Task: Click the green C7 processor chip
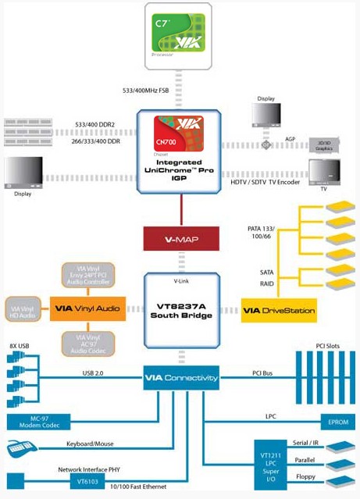click(179, 33)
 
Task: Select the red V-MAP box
click(180, 237)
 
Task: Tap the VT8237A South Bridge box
click(180, 309)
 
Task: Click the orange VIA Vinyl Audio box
click(87, 308)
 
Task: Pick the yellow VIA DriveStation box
click(279, 310)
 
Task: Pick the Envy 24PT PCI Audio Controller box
click(87, 275)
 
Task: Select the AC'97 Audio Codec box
click(87, 343)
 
